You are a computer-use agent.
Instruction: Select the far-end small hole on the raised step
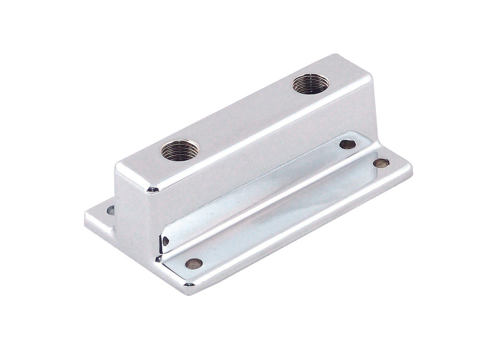click(x=347, y=145)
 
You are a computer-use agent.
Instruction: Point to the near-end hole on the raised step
click(x=165, y=241)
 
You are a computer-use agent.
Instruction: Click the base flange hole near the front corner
click(x=193, y=263)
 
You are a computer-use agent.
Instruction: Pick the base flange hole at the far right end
click(x=381, y=163)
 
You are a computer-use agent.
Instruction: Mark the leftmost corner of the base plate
click(x=86, y=217)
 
